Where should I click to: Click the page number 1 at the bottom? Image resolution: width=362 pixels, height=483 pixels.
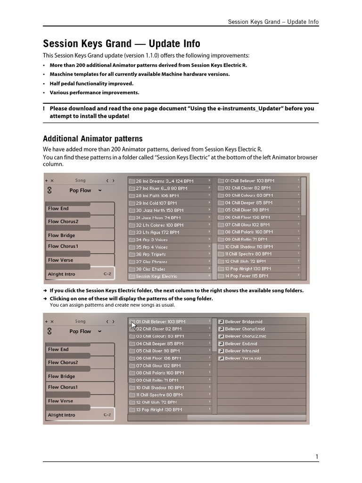point(317,456)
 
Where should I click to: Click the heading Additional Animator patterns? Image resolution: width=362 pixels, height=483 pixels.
point(92,139)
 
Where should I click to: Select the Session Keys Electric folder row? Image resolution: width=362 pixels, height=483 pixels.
point(156,276)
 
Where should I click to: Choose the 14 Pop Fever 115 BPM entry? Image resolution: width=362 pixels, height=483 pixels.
point(247,276)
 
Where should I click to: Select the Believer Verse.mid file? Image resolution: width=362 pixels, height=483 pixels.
point(243,358)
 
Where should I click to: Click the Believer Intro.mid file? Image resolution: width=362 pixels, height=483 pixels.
point(242,351)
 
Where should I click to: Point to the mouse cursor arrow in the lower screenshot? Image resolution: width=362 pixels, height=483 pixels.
point(134,325)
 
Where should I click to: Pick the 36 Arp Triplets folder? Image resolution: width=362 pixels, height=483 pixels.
point(151,254)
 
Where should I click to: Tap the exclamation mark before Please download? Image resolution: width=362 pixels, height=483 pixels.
point(44,108)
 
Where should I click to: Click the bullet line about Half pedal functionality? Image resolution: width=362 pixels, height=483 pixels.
point(91,83)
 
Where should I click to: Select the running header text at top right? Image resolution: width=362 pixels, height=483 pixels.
point(273,22)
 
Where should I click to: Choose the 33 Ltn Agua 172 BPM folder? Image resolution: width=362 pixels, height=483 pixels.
point(157,232)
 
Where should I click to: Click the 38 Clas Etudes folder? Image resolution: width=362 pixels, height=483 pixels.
point(150,269)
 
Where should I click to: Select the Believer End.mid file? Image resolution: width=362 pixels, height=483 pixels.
point(241,344)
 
